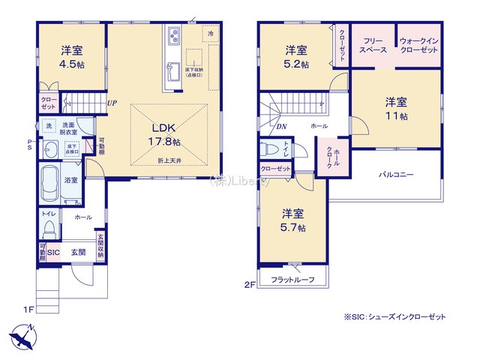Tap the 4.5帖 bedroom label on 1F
pos(72,57)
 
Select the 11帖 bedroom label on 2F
pos(397,109)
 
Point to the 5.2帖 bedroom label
pos(295,57)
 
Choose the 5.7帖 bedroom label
pos(293,218)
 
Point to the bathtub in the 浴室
pos(50,182)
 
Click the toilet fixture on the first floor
pos(49,226)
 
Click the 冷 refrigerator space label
pos(211,34)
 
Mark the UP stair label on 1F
pos(111,103)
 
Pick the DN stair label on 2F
pos(281,127)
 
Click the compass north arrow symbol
pos(22,335)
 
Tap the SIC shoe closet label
pos(53,253)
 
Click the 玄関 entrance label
pos(78,253)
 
